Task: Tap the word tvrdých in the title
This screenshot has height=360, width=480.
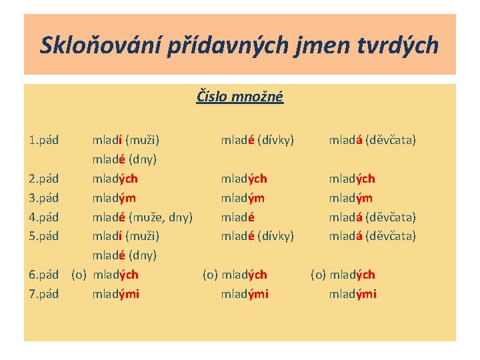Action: pos(400,45)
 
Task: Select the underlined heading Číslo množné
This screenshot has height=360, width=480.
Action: pos(240,97)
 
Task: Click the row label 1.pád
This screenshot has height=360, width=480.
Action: pos(44,140)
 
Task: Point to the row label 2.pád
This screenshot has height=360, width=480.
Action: pos(44,179)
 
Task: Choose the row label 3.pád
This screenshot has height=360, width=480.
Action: pos(44,198)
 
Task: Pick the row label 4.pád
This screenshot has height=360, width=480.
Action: pos(44,217)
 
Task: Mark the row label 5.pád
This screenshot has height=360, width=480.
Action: pos(44,236)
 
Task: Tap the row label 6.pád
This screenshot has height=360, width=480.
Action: pos(44,275)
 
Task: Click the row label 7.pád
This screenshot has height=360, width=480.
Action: pos(44,294)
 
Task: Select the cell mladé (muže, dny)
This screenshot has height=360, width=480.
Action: pos(142,217)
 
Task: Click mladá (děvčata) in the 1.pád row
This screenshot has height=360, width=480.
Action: pos(372,140)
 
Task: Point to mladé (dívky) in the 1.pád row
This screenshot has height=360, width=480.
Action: pos(257,140)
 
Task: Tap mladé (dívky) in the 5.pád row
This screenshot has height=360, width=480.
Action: pos(257,236)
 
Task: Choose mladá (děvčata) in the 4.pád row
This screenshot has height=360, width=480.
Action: pos(372,217)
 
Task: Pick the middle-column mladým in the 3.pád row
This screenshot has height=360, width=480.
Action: pos(243,198)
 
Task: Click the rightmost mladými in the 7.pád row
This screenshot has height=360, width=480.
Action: pos(353,294)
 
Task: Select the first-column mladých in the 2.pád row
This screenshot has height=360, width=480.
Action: pos(115,179)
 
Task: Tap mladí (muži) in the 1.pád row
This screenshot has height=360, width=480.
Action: pos(125,140)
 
